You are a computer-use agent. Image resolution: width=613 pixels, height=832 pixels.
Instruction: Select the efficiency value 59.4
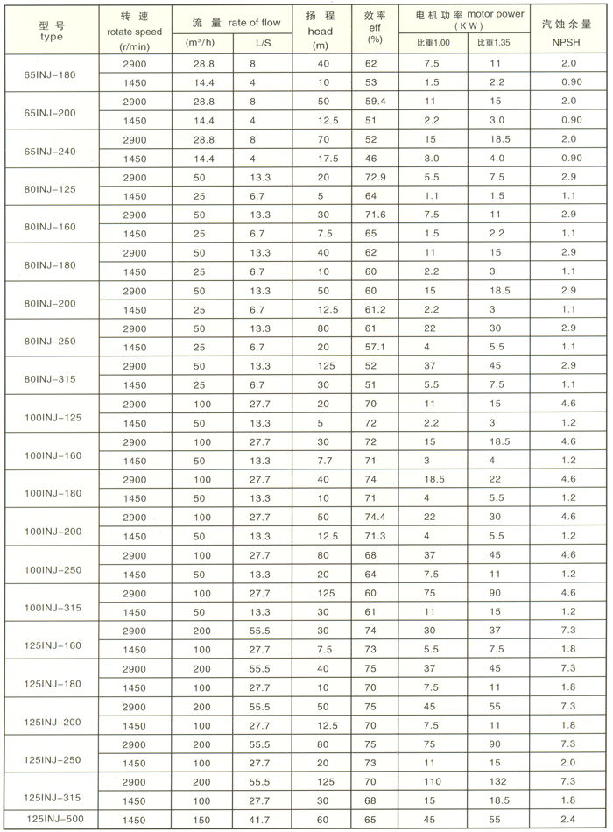(376, 102)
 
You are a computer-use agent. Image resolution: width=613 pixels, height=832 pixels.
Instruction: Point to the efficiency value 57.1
(376, 348)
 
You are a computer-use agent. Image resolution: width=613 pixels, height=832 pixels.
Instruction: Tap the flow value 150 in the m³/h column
(203, 820)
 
